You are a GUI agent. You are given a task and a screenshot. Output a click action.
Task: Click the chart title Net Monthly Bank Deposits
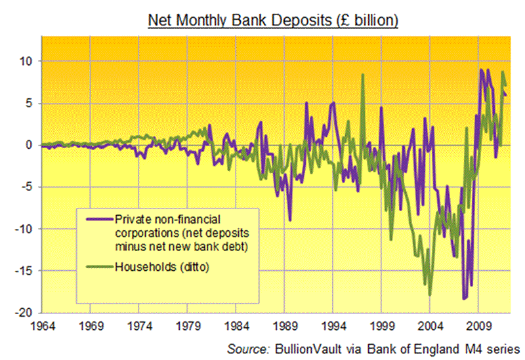point(273,20)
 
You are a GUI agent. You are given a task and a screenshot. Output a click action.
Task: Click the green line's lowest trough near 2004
point(430,294)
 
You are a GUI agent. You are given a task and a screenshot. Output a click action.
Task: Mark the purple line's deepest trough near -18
point(465,298)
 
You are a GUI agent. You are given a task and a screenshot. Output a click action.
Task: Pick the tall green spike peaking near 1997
point(363,75)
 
